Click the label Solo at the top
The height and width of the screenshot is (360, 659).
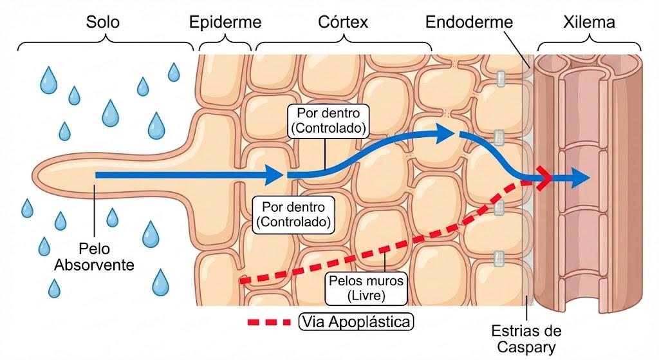[x=102, y=22]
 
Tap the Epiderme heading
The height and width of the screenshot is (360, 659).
[x=225, y=22]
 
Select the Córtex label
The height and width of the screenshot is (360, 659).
[x=343, y=22]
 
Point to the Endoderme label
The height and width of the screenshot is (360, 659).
[x=469, y=22]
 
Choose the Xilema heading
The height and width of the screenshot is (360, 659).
[x=589, y=22]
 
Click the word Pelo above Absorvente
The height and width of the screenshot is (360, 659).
[x=94, y=249]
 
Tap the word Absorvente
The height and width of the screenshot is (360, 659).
[x=94, y=265]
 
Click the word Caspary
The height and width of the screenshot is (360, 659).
[x=526, y=347]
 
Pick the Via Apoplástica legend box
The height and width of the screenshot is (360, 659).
[x=356, y=322]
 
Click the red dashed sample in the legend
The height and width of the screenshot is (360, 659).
[x=270, y=323]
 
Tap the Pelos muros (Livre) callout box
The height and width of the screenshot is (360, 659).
[x=366, y=288]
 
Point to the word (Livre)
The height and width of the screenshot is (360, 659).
[x=366, y=296]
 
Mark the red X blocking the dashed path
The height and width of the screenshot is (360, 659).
[x=544, y=178]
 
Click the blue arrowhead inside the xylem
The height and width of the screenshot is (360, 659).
[x=580, y=178]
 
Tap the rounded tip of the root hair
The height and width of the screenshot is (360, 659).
[x=35, y=175]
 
